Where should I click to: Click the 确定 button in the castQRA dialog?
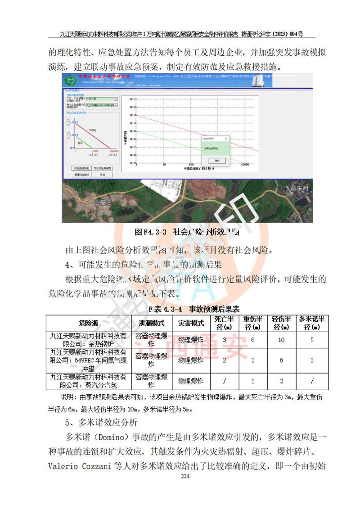(216, 160)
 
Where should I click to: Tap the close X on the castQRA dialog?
(226, 139)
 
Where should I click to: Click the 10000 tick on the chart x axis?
(245, 165)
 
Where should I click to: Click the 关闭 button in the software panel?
(102, 174)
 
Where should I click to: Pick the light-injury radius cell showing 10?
(281, 340)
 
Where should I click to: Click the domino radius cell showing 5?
(312, 340)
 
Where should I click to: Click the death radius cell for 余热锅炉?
(224, 340)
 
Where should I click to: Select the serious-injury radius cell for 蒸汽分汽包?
(252, 381)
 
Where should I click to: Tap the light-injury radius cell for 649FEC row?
(281, 360)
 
